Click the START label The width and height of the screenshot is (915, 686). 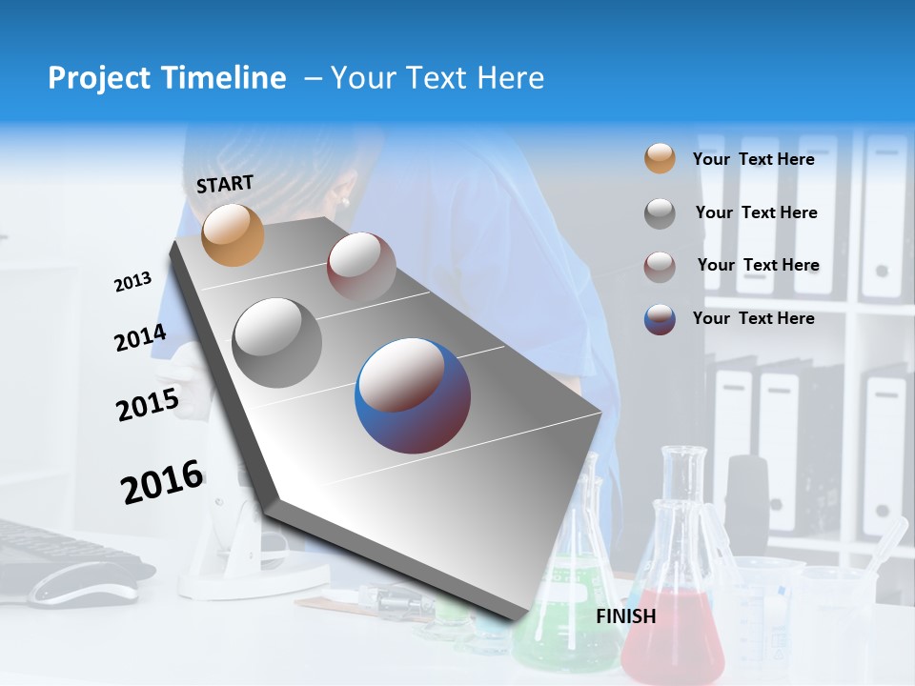(225, 184)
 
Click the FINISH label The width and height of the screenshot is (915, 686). (625, 616)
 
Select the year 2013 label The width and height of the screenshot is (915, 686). (133, 282)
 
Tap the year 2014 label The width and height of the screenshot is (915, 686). (140, 338)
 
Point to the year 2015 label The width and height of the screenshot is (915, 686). (148, 404)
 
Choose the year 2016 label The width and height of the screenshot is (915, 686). (162, 481)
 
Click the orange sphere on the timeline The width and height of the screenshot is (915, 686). (234, 234)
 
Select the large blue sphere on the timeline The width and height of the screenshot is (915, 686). (413, 395)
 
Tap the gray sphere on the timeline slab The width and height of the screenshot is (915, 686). (277, 342)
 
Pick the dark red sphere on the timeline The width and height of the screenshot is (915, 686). (361, 267)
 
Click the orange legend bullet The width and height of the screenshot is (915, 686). (660, 159)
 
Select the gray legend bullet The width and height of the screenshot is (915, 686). (660, 213)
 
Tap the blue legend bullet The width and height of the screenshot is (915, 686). (660, 319)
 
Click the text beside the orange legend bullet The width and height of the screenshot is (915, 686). (753, 159)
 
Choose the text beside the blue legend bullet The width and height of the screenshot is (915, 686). (753, 318)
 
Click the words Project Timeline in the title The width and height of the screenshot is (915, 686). (167, 78)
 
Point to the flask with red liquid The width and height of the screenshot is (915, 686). (673, 619)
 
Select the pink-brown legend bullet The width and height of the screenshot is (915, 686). (660, 266)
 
